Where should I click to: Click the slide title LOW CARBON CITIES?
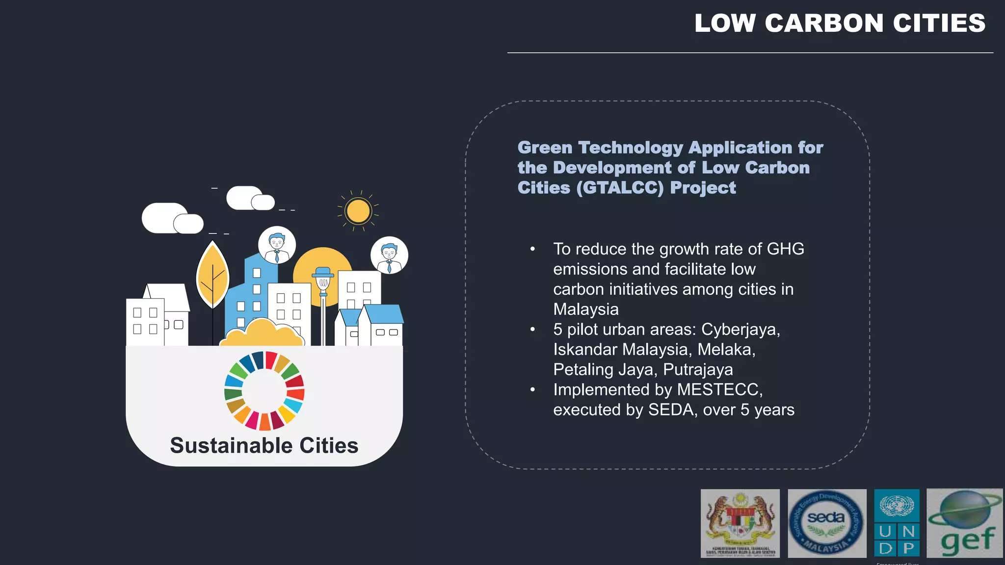pyautogui.click(x=840, y=24)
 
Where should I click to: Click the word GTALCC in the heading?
pyautogui.click(x=620, y=188)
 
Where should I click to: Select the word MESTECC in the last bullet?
pyautogui.click(x=719, y=389)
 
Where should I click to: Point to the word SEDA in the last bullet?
pyautogui.click(x=671, y=410)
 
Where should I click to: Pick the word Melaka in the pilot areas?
pyautogui.click(x=726, y=349)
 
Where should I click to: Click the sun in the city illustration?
pyautogui.click(x=358, y=211)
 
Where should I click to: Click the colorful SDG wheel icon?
pyautogui.click(x=264, y=391)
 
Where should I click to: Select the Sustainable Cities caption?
pyautogui.click(x=264, y=445)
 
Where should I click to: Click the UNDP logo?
pyautogui.click(x=897, y=523)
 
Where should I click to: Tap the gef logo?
pyautogui.click(x=964, y=523)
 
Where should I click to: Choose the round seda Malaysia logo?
pyautogui.click(x=827, y=523)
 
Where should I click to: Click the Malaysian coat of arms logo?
pyautogui.click(x=740, y=523)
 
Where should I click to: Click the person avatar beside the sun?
pyautogui.click(x=389, y=255)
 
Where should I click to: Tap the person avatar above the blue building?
pyautogui.click(x=277, y=244)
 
